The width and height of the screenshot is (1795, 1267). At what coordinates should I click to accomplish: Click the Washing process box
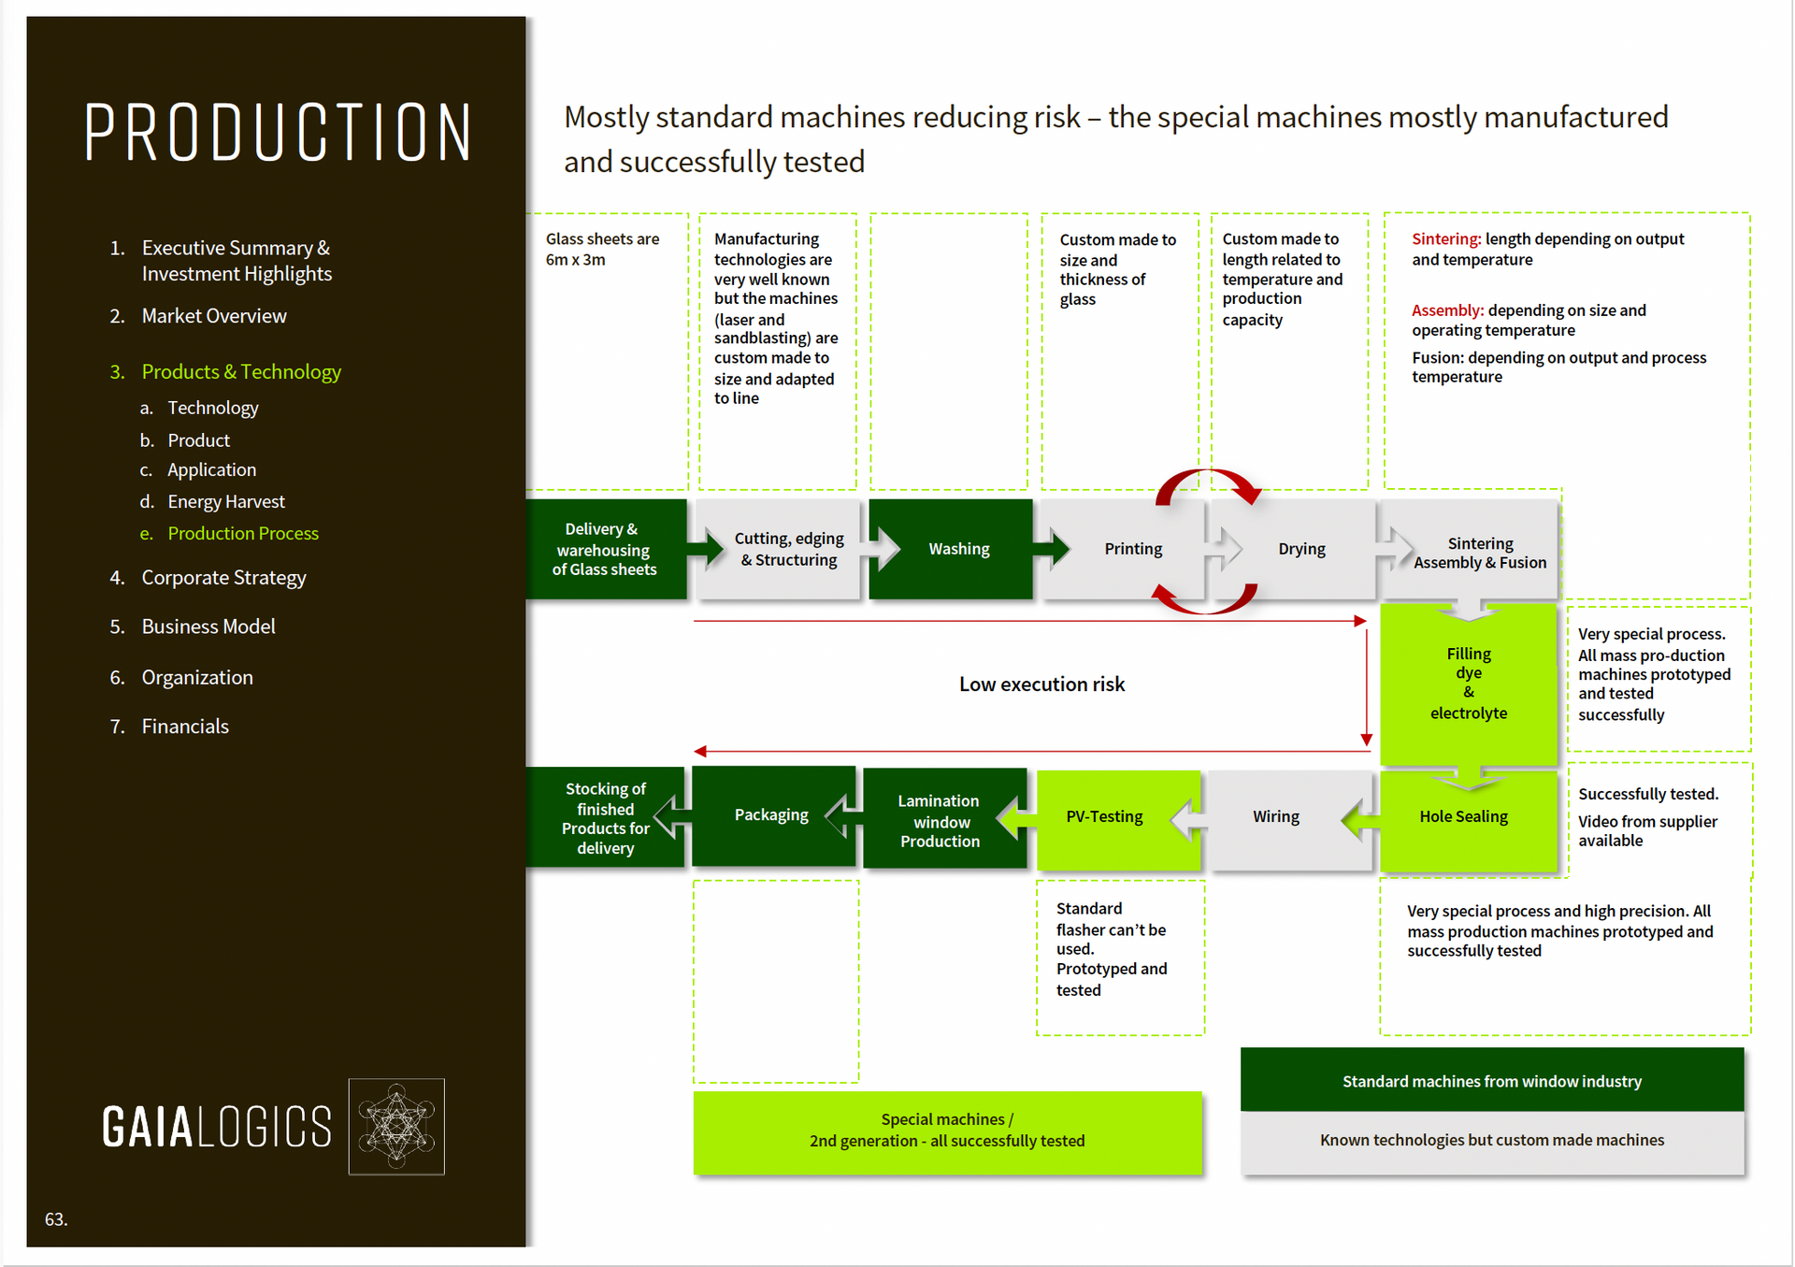pos(951,549)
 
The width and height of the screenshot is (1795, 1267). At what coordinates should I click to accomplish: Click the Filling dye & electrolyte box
pos(1468,684)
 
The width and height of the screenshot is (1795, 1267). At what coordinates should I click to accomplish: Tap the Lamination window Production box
pos(944,818)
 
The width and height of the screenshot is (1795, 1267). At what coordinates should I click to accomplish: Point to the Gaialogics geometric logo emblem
pos(396,1126)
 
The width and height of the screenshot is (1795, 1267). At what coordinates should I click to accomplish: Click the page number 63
pos(56,1219)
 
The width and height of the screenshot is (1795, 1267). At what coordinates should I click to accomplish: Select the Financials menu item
pos(185,727)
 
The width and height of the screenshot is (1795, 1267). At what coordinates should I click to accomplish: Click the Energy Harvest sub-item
pos(226,501)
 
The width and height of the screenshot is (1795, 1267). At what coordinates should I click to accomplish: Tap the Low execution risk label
pos(1041,684)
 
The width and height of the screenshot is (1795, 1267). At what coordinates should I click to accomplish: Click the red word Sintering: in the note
pos(1446,239)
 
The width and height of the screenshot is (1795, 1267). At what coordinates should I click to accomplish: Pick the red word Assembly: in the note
pos(1447,310)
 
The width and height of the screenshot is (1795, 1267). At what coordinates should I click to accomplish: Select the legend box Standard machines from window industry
pos(1492,1080)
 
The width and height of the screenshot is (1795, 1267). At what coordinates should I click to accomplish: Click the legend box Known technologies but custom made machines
pos(1492,1142)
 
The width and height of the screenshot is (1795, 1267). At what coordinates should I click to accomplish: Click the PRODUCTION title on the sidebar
pos(278,132)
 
